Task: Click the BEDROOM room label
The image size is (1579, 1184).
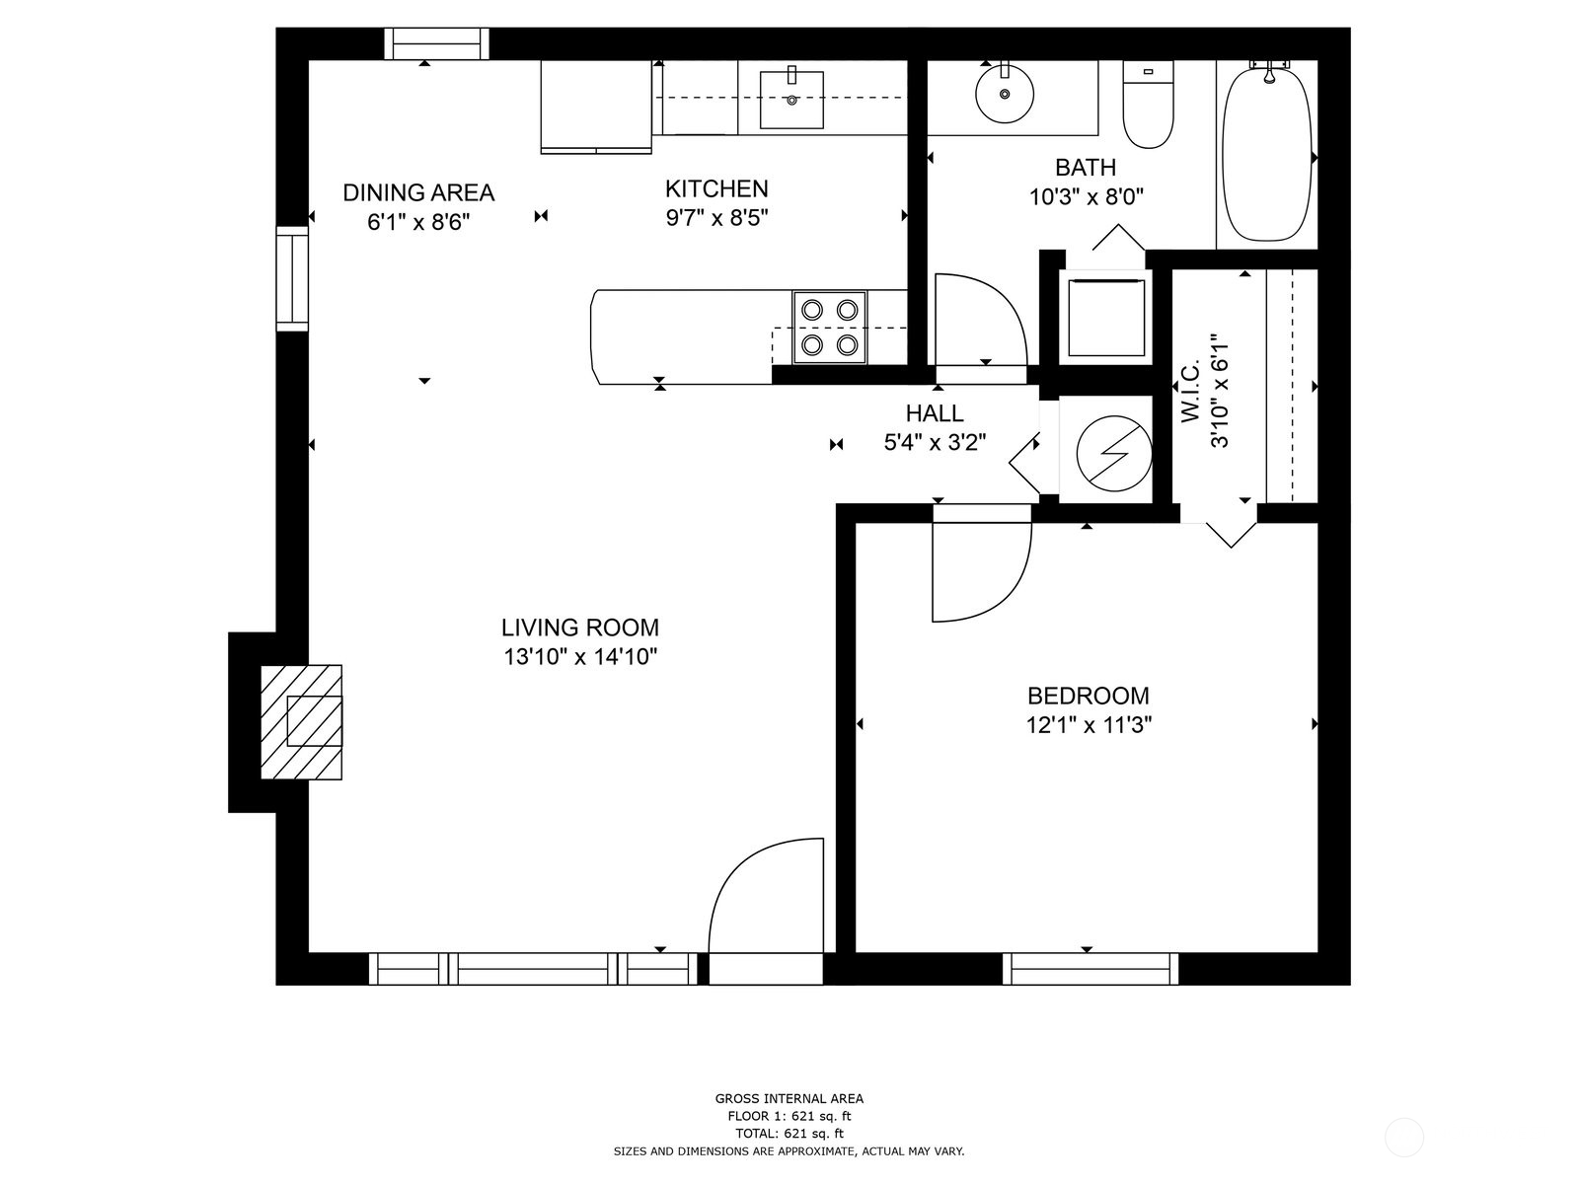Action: [x=1088, y=696]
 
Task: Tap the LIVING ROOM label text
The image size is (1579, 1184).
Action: [x=580, y=628]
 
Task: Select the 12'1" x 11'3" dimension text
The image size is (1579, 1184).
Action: [x=1089, y=725]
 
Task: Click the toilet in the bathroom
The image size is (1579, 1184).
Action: [x=1148, y=105]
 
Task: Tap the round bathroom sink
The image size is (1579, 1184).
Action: [x=1005, y=93]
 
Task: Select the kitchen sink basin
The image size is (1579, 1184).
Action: [x=791, y=100]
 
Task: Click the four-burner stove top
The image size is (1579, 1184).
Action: [x=829, y=328]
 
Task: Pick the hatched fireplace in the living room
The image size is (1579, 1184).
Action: [x=301, y=722]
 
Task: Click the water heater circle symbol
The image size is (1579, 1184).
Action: [x=1112, y=454]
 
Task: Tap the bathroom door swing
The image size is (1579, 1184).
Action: [x=981, y=320]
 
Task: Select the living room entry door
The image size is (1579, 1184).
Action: [x=766, y=896]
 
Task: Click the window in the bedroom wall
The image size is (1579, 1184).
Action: [x=1090, y=969]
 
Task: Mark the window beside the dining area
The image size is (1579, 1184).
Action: [x=293, y=279]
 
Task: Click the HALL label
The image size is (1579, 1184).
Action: [x=935, y=413]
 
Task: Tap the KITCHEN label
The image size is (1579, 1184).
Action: [x=716, y=189]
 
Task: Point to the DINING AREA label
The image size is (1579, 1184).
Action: [x=418, y=192]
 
